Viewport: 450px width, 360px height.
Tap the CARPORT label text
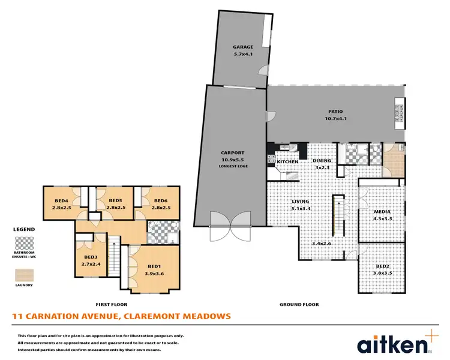tap(233, 153)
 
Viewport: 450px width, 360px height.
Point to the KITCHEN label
tap(287, 162)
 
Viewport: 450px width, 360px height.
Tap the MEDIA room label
tap(382, 212)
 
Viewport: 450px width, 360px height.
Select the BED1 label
tap(154, 266)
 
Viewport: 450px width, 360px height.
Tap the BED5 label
tap(116, 201)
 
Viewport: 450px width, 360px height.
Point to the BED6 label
tap(161, 201)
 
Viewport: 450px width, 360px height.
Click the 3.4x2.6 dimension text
tap(322, 243)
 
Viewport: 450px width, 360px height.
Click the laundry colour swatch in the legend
tap(24, 275)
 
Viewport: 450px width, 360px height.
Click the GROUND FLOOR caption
tap(299, 304)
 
